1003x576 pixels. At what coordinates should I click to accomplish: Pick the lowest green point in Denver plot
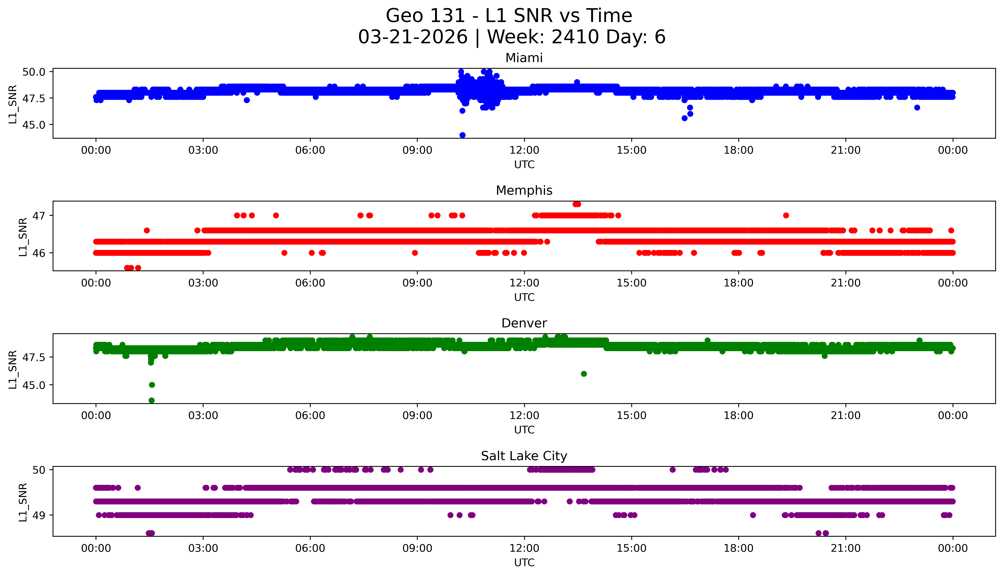pyautogui.click(x=152, y=400)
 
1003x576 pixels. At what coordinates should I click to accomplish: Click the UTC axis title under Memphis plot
pyautogui.click(x=524, y=297)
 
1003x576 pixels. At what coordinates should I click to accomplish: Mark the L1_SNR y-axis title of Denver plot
pyautogui.click(x=13, y=369)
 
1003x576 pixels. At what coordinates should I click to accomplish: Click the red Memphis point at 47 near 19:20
pyautogui.click(x=786, y=216)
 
